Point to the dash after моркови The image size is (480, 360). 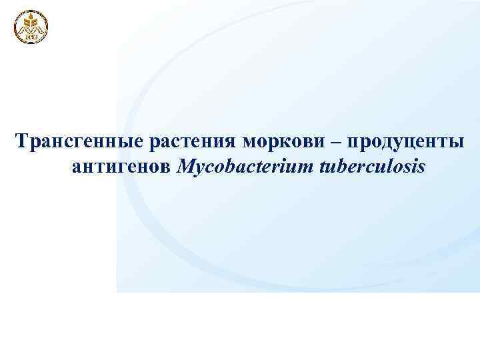coord(334,142)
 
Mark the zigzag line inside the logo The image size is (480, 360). coord(31,30)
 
